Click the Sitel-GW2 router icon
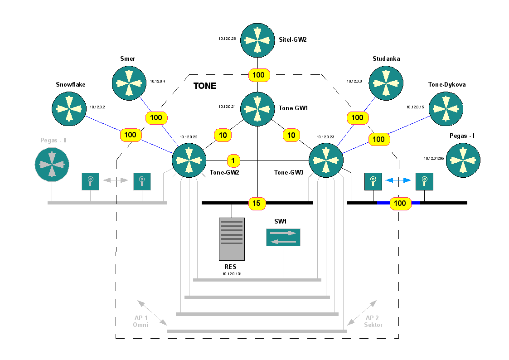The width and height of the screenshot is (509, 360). coord(257,40)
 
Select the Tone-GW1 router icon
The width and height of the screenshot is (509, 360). coord(257,109)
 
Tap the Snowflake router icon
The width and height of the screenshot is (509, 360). coord(69,109)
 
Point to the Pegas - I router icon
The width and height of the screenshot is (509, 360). coord(463,160)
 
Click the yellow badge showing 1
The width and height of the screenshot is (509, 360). coord(233,160)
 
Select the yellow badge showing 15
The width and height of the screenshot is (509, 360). coord(257,203)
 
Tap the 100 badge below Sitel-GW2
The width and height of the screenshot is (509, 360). coord(259,75)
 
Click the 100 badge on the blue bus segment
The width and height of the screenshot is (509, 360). coord(400,203)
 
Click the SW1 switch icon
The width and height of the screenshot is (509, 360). coord(283,237)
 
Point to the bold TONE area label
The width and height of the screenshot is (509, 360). coord(205,86)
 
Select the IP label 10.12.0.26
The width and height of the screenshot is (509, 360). coord(227,39)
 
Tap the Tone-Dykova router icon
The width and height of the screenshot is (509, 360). coord(446,109)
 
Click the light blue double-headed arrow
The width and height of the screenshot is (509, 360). coord(398,180)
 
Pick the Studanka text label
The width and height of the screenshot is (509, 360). coord(386,58)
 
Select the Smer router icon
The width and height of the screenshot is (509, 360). coord(129,83)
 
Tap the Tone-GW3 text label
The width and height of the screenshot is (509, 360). coord(289,172)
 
